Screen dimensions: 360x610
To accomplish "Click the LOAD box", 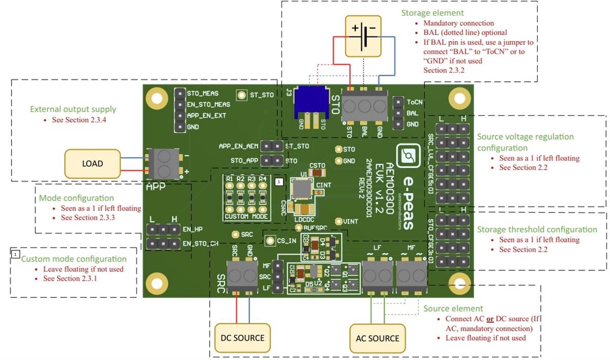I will coord(93,164).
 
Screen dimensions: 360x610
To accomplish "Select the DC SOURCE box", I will coord(242,338).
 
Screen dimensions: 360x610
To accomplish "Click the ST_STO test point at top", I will coord(242,95).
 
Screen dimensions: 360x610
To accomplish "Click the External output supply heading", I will coord(73,109).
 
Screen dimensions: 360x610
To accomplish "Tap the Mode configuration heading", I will coord(76,198).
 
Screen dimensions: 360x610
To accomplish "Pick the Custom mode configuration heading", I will coord(74,259).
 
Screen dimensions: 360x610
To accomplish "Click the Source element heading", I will coord(453,309).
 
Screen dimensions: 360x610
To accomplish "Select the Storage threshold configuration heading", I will coord(537,229).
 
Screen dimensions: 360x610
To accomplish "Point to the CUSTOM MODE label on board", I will coord(246,216).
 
